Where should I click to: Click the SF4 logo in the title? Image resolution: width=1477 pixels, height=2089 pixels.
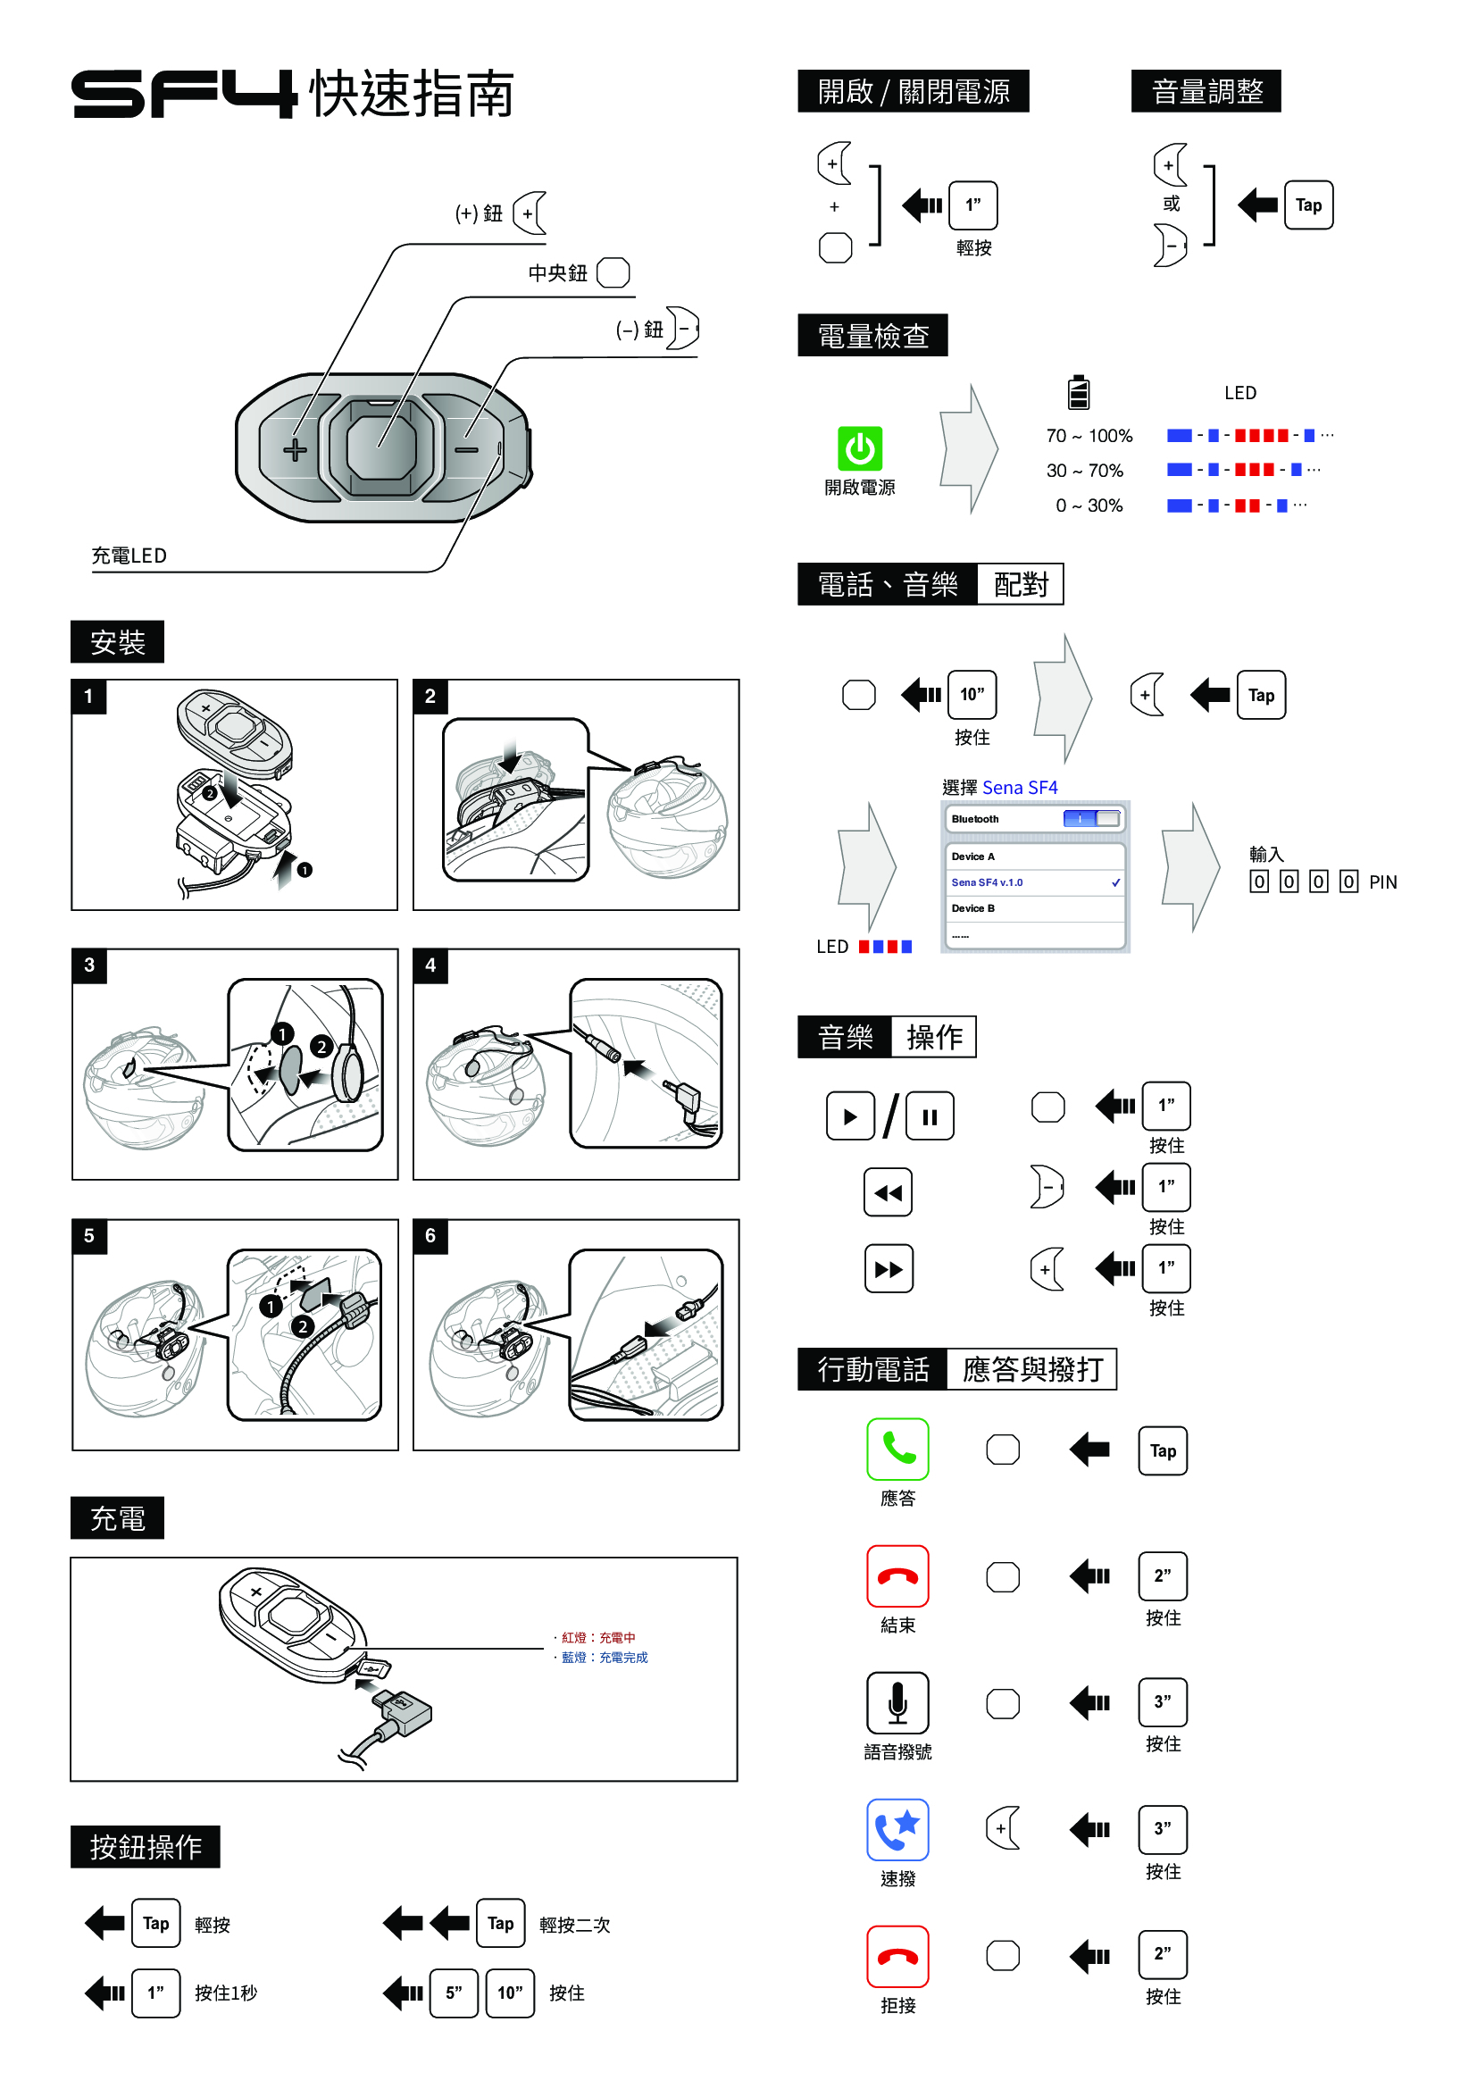tap(184, 94)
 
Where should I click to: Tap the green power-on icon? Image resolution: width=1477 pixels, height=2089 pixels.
tap(859, 448)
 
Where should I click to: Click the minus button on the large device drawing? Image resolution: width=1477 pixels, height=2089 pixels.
tap(467, 449)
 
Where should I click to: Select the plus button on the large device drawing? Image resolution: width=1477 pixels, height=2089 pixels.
tap(295, 449)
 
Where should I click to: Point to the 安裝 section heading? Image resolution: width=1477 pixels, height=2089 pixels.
tap(117, 642)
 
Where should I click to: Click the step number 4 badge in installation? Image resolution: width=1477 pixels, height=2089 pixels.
tap(430, 965)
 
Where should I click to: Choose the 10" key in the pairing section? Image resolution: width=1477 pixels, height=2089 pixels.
tap(972, 695)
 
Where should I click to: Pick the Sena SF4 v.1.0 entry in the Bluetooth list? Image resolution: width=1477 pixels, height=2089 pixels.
tap(1034, 882)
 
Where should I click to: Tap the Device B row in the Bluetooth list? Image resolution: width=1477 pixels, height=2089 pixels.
tap(1034, 908)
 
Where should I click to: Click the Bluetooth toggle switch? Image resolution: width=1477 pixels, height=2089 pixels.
tap(1091, 819)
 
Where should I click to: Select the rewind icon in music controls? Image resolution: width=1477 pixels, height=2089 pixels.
tap(888, 1192)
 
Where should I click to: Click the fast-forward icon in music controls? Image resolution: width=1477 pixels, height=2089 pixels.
tap(889, 1269)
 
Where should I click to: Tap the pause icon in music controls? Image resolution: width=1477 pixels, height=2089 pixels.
tap(930, 1116)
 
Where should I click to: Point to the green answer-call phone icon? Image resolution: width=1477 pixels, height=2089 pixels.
tap(897, 1450)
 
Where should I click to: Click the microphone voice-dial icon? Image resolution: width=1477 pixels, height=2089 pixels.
tap(897, 1702)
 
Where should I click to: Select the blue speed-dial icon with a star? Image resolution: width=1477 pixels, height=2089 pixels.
tap(897, 1830)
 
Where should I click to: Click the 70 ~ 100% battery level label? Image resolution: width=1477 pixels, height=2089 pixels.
tap(1089, 436)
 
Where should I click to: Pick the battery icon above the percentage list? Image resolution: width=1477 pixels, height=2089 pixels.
tap(1079, 392)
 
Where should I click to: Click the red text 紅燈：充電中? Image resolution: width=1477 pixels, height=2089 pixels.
tap(597, 1638)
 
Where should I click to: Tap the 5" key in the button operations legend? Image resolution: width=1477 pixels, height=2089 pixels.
tap(454, 1993)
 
